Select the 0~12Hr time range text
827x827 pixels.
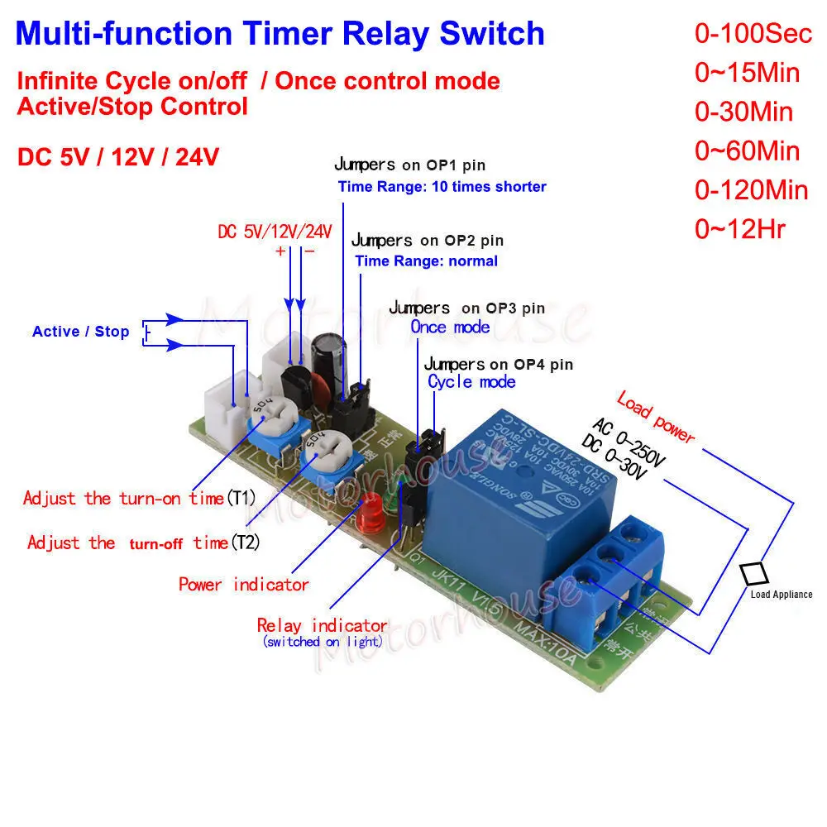pos(740,229)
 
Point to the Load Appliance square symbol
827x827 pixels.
pos(753,574)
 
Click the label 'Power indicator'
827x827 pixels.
pos(244,585)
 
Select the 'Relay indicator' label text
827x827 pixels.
pos(322,625)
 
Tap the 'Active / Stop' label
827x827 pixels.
pos(81,332)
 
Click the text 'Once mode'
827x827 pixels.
pos(450,327)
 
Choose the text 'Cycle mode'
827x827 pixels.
pos(471,381)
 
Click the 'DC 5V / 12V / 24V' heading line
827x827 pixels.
pos(117,156)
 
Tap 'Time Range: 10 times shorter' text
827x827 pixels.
pos(442,187)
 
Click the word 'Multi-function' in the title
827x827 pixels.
pos(124,34)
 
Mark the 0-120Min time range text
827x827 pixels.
pos(751,190)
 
